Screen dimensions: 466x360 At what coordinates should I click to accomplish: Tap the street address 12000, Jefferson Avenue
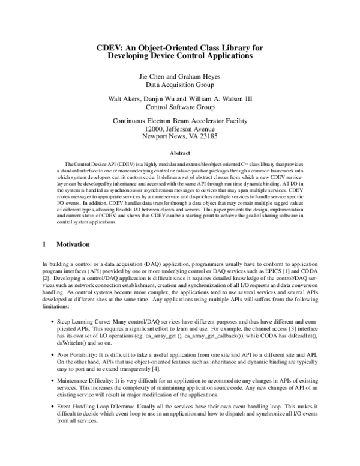click(x=180, y=129)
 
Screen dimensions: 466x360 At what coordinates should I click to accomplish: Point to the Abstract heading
click(x=180, y=153)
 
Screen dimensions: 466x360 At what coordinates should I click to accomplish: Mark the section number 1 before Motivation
click(x=44, y=244)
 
